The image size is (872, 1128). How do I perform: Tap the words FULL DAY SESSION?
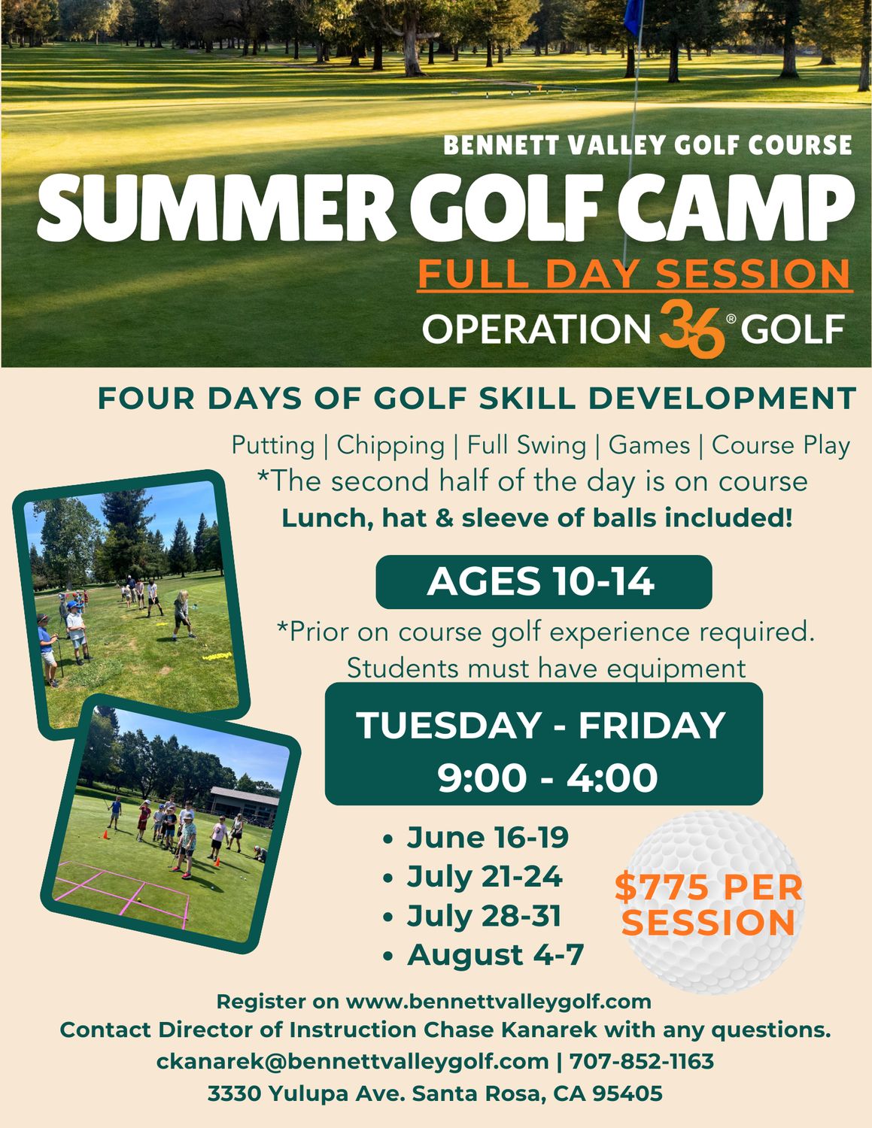pos(634,274)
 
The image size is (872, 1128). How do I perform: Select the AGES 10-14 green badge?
pos(543,582)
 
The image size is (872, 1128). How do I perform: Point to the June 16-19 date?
pos(487,837)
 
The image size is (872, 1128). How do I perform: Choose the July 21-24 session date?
pos(484,876)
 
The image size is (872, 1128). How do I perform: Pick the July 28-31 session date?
pos(484,916)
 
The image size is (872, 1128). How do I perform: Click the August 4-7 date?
pos(495,955)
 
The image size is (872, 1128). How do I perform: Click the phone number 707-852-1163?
pos(641,1061)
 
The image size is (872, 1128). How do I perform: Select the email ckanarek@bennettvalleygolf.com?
pos(352,1061)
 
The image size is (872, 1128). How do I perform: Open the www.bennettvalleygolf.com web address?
pos(498,1002)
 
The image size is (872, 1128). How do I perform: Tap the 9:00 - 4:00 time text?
pos(547,778)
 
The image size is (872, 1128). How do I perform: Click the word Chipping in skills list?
pos(390,445)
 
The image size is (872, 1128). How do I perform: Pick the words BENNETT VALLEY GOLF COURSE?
pos(647,145)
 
